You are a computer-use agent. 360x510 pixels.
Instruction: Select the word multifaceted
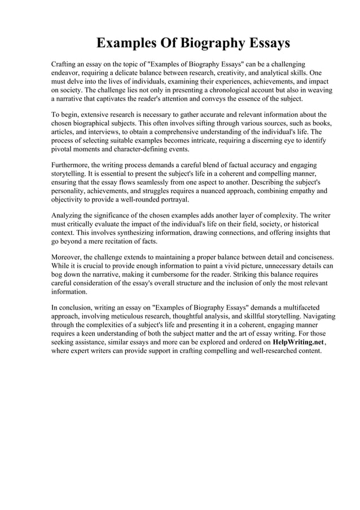tap(309, 308)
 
